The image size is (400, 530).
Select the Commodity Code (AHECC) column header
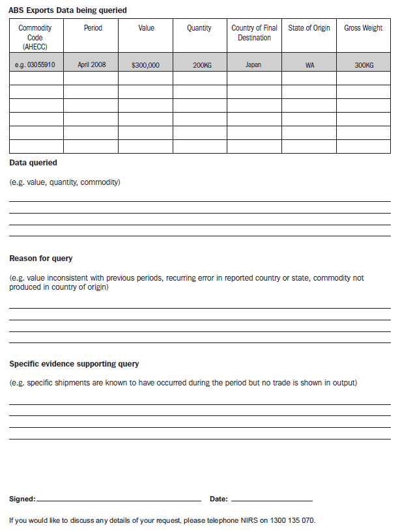tap(35, 37)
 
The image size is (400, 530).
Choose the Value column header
tap(146, 29)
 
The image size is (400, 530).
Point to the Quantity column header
tap(199, 29)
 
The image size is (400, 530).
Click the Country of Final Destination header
tap(254, 33)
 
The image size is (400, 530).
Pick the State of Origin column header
tap(309, 29)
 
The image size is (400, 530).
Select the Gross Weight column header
tap(363, 29)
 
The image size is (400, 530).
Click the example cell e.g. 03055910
tap(36, 65)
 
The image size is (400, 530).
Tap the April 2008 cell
tap(91, 65)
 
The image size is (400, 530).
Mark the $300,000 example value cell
tap(145, 66)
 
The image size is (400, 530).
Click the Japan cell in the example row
tap(253, 65)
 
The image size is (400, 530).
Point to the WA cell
tap(309, 66)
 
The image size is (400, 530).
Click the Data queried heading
tap(33, 163)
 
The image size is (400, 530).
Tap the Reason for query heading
tap(41, 258)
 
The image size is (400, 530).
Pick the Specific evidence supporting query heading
tap(74, 364)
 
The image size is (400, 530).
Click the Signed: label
tap(23, 499)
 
